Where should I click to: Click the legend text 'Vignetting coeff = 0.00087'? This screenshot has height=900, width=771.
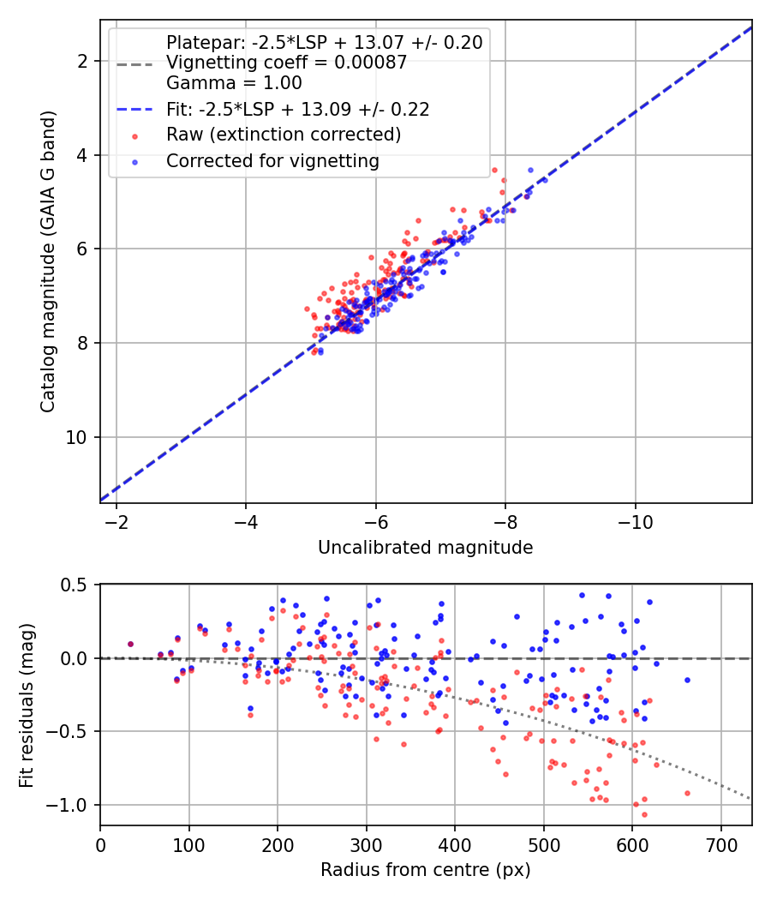click(286, 62)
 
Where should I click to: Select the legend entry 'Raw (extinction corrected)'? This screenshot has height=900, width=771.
click(284, 135)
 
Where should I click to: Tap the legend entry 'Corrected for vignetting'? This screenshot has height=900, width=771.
click(272, 161)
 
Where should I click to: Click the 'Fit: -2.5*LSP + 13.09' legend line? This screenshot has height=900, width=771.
click(134, 109)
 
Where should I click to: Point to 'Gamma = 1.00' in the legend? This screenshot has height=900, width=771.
click(234, 82)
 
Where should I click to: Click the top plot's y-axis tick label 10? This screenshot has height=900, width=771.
click(76, 437)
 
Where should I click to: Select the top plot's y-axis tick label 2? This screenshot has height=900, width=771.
click(82, 61)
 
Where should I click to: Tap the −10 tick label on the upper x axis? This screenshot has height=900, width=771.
click(635, 522)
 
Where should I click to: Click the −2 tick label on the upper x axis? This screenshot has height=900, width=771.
click(116, 522)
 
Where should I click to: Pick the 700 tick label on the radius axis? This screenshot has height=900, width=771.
click(720, 845)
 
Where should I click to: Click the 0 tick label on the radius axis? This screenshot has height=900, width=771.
click(100, 845)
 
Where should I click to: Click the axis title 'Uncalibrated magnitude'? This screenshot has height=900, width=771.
click(425, 548)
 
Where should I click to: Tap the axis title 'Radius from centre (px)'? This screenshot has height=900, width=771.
click(425, 870)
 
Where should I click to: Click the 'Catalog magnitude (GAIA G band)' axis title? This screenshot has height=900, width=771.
click(48, 261)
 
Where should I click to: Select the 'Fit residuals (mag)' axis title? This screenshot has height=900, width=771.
click(27, 705)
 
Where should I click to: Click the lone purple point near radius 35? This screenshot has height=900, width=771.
click(130, 644)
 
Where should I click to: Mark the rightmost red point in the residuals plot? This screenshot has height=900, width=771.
click(687, 793)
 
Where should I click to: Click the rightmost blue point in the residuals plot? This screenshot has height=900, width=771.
click(687, 681)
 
